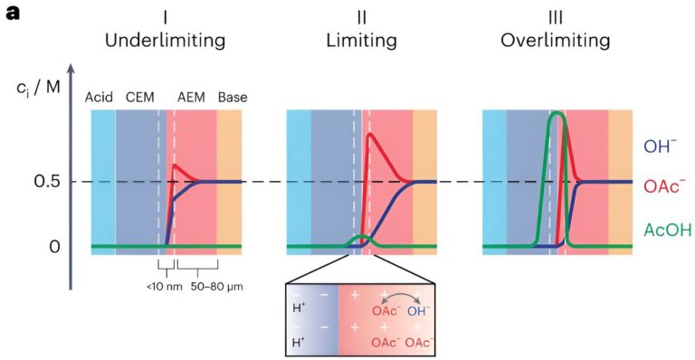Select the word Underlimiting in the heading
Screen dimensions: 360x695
click(165, 41)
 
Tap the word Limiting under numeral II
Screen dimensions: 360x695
click(362, 41)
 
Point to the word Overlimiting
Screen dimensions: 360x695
click(555, 41)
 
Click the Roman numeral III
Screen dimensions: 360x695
click(555, 18)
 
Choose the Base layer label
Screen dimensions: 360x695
click(233, 97)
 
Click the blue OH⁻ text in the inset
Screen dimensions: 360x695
click(417, 312)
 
